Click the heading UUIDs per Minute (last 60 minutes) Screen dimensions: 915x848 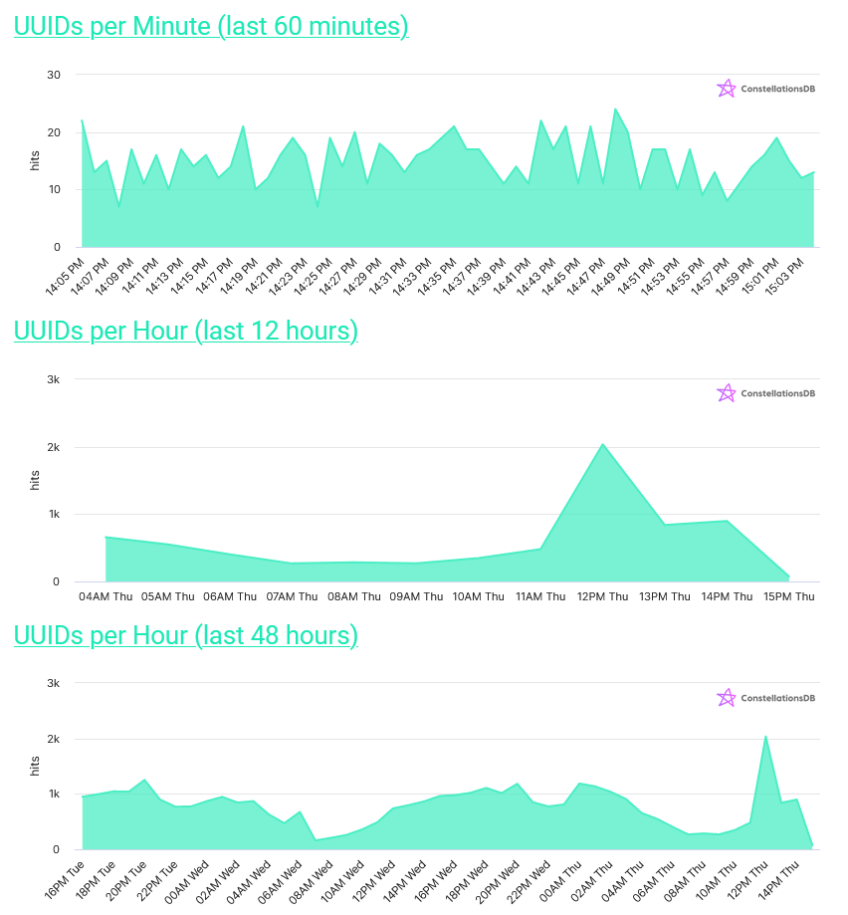(x=211, y=27)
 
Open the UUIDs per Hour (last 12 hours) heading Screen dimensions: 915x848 (x=186, y=331)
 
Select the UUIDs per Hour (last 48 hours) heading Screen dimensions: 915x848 (x=186, y=635)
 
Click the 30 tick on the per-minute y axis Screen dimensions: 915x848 (x=54, y=75)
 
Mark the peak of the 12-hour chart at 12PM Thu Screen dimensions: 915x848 (x=603, y=444)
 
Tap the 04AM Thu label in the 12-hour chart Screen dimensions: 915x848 (x=106, y=597)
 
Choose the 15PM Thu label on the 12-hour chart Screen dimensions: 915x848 (x=789, y=597)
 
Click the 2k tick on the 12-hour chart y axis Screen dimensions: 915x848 (x=54, y=447)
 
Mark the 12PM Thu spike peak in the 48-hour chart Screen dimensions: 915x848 (x=765, y=737)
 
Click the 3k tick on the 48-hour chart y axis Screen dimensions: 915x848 (x=54, y=683)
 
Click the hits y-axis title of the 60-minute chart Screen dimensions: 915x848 (x=35, y=160)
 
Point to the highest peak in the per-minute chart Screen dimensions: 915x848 (x=615, y=109)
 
